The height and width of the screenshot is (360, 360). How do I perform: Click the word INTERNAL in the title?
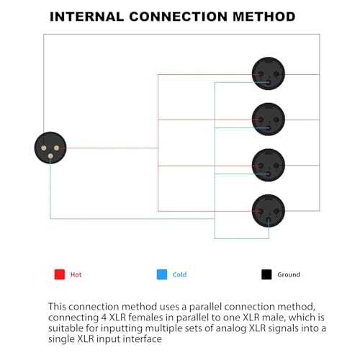coord(86,17)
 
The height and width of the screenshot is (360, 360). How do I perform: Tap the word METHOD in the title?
coord(264,17)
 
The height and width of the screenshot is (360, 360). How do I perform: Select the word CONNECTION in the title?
coord(179,17)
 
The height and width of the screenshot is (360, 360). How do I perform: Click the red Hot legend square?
coord(60,274)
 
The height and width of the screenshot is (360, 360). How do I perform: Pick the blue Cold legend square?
coord(162,274)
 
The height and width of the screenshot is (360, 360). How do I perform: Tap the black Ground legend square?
coord(266,274)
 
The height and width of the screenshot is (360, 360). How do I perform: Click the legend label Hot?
coord(76,274)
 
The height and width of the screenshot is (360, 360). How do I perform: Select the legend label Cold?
coord(179,274)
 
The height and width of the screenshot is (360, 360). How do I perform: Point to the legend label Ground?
coord(289,274)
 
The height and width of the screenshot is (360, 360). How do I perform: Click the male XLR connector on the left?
coord(50,148)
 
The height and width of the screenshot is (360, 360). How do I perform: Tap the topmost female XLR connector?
coord(269,73)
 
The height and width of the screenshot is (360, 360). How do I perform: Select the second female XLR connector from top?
coord(269,120)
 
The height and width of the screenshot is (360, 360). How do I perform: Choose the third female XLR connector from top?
coord(269,165)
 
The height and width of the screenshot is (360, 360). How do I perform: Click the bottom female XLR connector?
coord(269,211)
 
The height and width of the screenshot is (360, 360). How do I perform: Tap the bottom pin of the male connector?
coord(50,156)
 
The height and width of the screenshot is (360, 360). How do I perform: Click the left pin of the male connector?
coord(44,148)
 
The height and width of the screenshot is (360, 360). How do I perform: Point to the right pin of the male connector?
coord(57,148)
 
